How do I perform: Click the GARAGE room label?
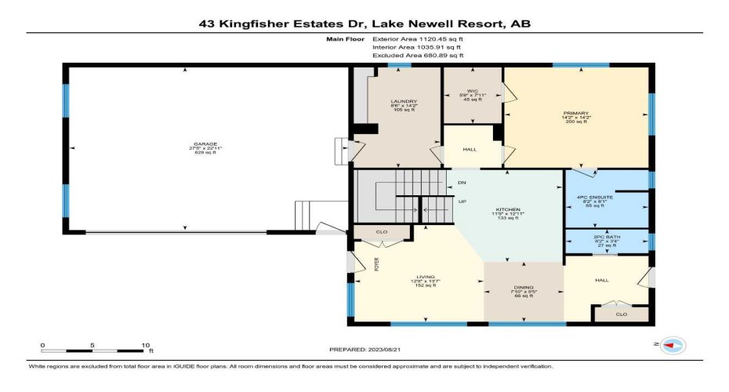pos(205,144)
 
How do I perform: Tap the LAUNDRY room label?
pos(404,102)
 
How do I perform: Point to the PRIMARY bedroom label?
pos(575,114)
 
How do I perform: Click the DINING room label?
pos(524,288)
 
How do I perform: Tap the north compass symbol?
pos(672,344)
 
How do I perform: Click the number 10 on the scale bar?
pos(146,345)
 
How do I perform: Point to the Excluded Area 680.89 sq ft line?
pos(418,56)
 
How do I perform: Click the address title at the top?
pos(364,24)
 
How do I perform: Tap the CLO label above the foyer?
pos(381,232)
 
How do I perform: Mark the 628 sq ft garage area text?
pos(205,151)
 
